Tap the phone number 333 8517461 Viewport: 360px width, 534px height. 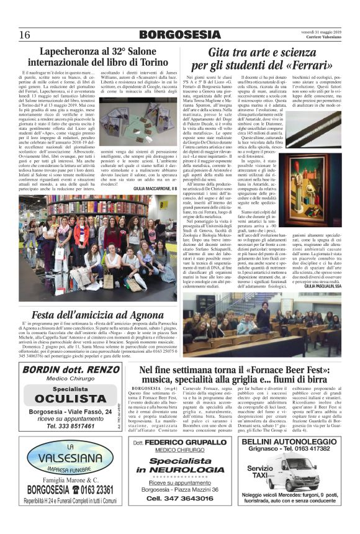[73, 427]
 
